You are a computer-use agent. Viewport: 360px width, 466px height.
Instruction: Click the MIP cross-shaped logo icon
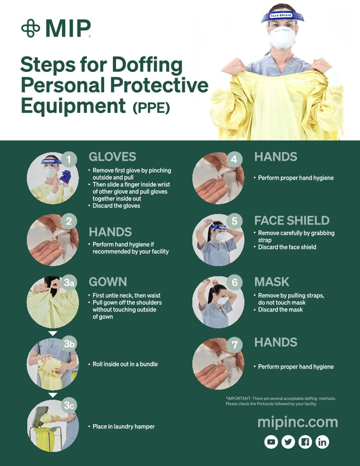(30, 28)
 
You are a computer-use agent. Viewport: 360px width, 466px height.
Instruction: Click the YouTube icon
(271, 442)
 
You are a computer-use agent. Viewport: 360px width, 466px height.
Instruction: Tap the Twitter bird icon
(288, 442)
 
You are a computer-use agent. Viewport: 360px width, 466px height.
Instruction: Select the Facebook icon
(305, 442)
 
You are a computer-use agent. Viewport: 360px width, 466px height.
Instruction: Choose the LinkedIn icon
(322, 442)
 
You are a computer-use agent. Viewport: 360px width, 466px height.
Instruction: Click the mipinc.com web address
(298, 422)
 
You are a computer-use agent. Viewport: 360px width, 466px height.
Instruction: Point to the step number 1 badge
(69, 160)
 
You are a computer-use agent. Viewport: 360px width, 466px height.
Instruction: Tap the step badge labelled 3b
(69, 344)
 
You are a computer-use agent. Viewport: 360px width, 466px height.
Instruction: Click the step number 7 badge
(234, 345)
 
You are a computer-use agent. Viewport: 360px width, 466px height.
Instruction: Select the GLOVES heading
(112, 157)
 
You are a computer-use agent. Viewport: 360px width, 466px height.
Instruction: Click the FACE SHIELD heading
(292, 221)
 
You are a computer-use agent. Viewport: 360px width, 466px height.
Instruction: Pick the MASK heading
(272, 282)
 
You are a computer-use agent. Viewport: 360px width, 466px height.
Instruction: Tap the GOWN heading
(108, 282)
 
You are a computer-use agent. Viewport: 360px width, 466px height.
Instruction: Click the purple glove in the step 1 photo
(66, 177)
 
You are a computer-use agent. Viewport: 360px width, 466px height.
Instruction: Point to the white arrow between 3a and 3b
(53, 334)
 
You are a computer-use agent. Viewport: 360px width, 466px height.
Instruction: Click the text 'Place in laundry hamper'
(124, 426)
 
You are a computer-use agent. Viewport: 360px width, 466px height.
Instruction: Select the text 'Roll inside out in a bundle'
(125, 364)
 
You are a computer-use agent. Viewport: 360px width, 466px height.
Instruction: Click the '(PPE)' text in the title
(151, 107)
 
